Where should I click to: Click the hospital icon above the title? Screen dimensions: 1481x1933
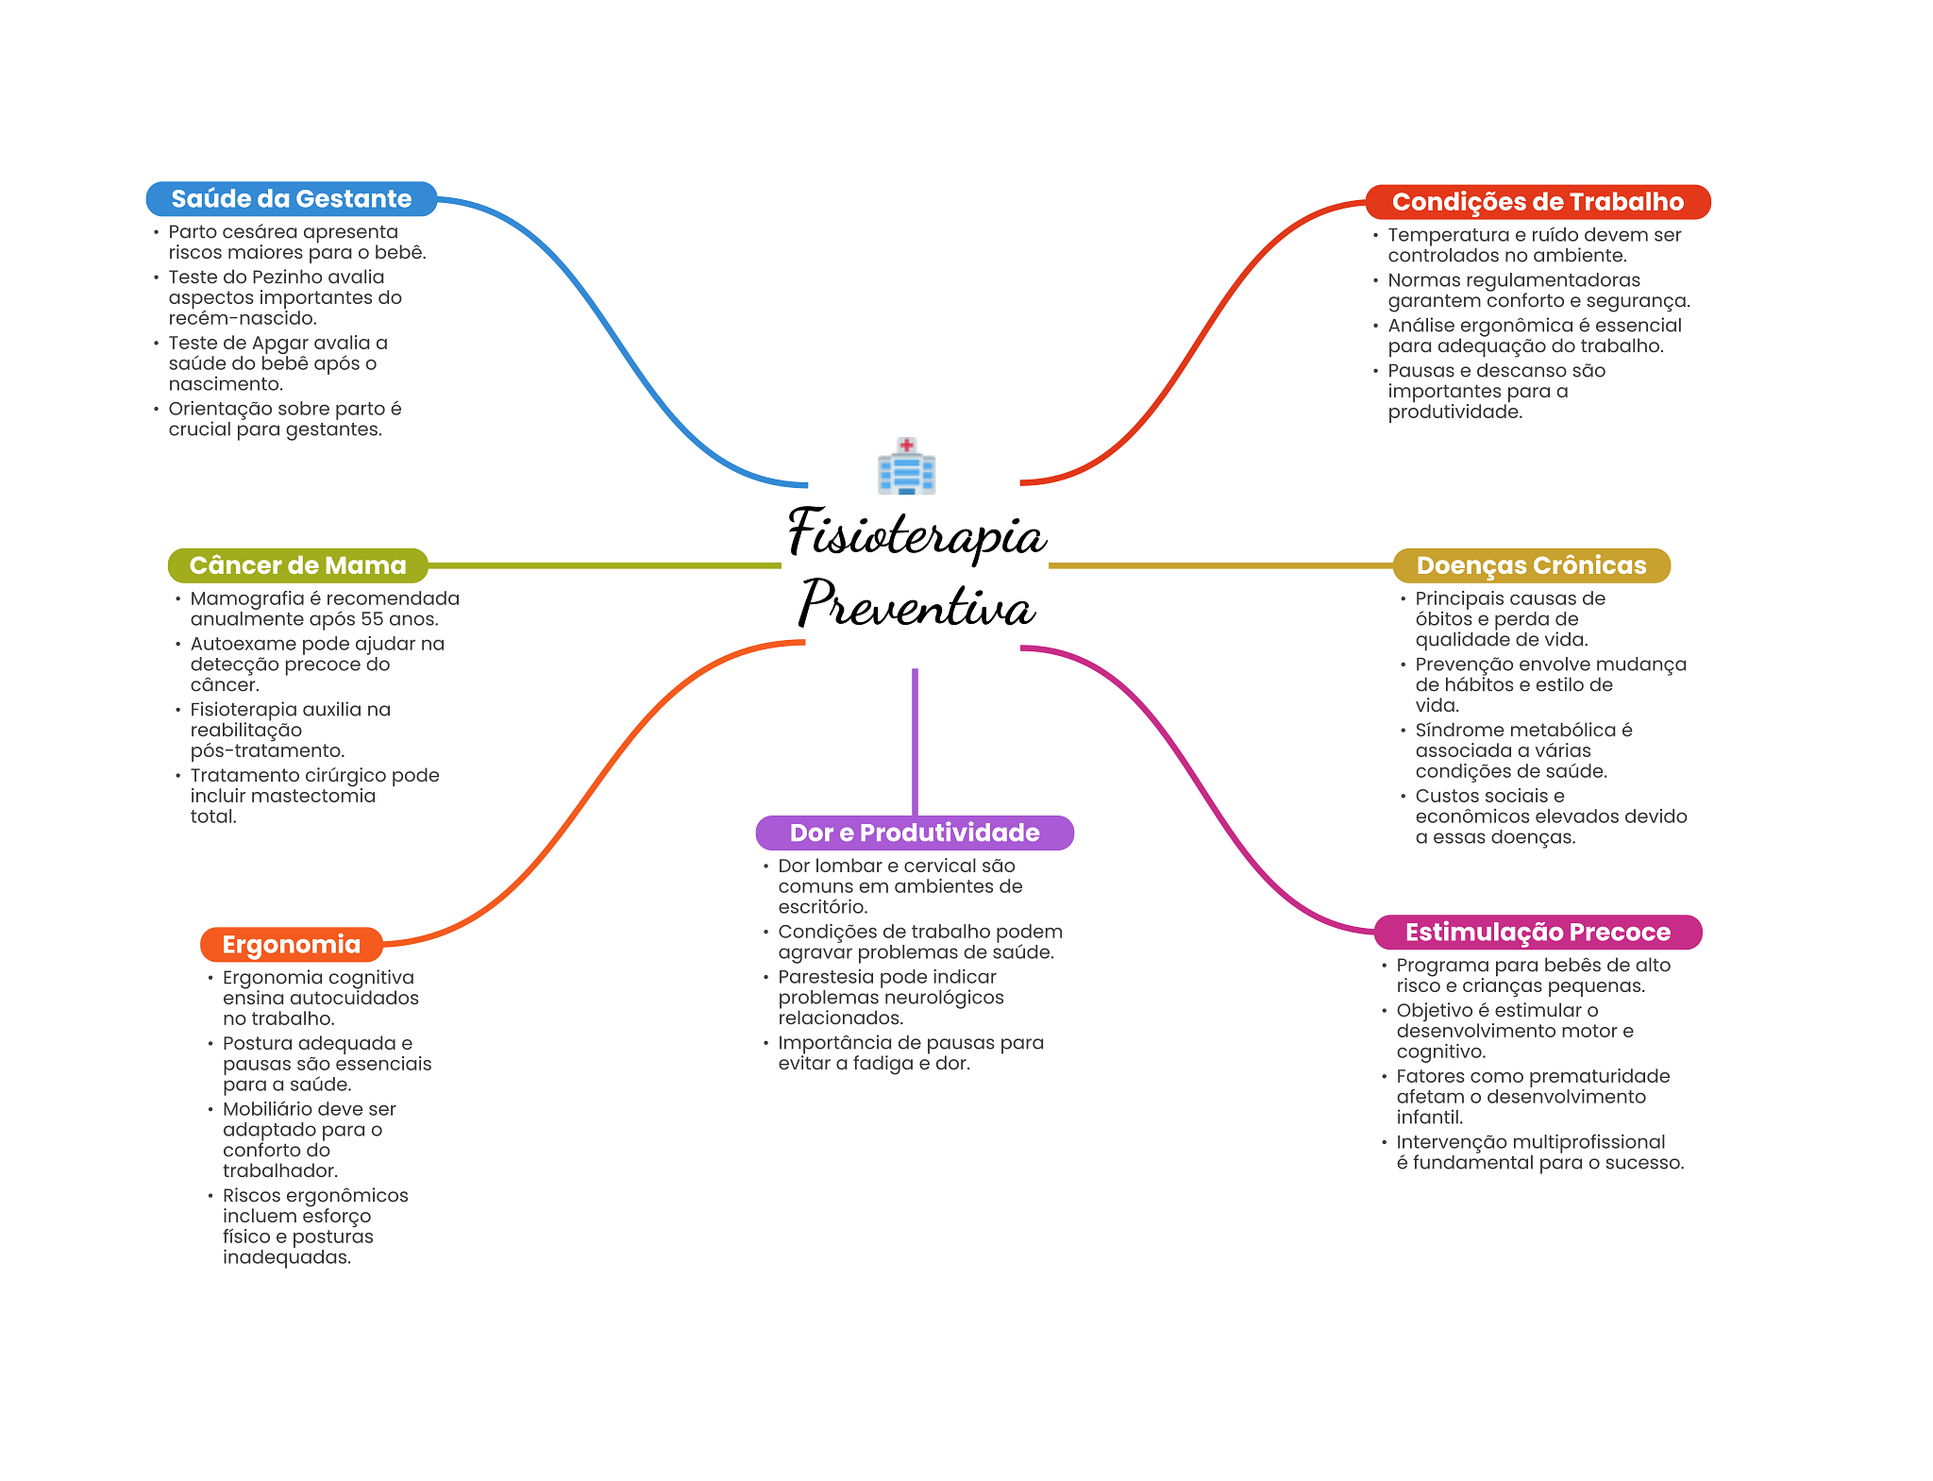click(x=906, y=466)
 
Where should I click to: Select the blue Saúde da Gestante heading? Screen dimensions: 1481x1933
click(x=291, y=199)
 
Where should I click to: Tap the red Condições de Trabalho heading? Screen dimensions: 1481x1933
click(x=1537, y=202)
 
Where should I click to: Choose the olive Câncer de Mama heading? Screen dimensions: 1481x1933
click(x=297, y=565)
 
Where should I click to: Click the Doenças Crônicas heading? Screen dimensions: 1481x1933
click(x=1531, y=565)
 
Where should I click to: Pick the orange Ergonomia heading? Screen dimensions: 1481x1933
click(x=291, y=944)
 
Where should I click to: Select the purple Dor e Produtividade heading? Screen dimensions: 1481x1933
click(x=914, y=833)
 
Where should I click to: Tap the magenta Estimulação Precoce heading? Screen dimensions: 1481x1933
click(x=1537, y=933)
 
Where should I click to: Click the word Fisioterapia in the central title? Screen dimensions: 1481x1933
click(x=916, y=534)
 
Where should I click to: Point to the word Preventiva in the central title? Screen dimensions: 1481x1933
click(x=916, y=604)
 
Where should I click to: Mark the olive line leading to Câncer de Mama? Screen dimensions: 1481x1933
click(x=604, y=565)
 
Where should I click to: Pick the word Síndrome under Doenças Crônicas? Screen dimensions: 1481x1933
click(x=1454, y=731)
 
